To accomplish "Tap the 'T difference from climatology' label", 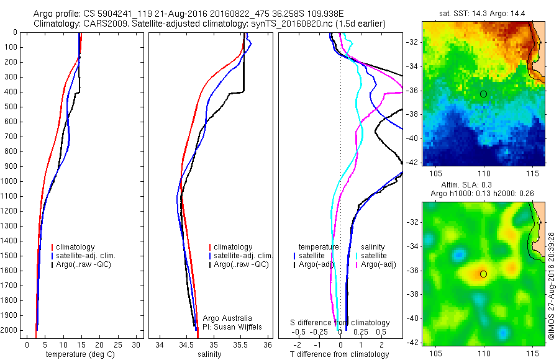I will point(339,354).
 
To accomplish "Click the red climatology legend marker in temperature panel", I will point(53,247).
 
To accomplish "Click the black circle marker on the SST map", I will point(483,94).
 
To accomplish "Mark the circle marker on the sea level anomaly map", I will point(483,274).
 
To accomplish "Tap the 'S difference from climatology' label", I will point(340,323).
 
